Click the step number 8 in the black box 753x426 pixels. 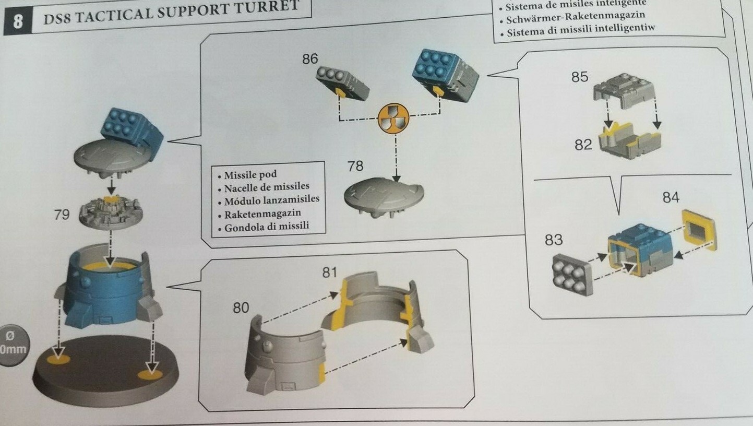pyautogui.click(x=18, y=23)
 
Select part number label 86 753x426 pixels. pyautogui.click(x=310, y=59)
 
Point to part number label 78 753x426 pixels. pyautogui.click(x=355, y=166)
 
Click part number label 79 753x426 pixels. pyautogui.click(x=62, y=214)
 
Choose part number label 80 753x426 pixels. pyautogui.click(x=241, y=308)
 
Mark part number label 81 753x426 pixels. pyautogui.click(x=330, y=272)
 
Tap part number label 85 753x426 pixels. pyautogui.click(x=579, y=77)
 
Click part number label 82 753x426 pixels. pyautogui.click(x=583, y=145)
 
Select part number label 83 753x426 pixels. pyautogui.click(x=554, y=240)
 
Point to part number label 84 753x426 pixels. pyautogui.click(x=671, y=197)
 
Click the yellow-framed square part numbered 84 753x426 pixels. pyautogui.click(x=698, y=230)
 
